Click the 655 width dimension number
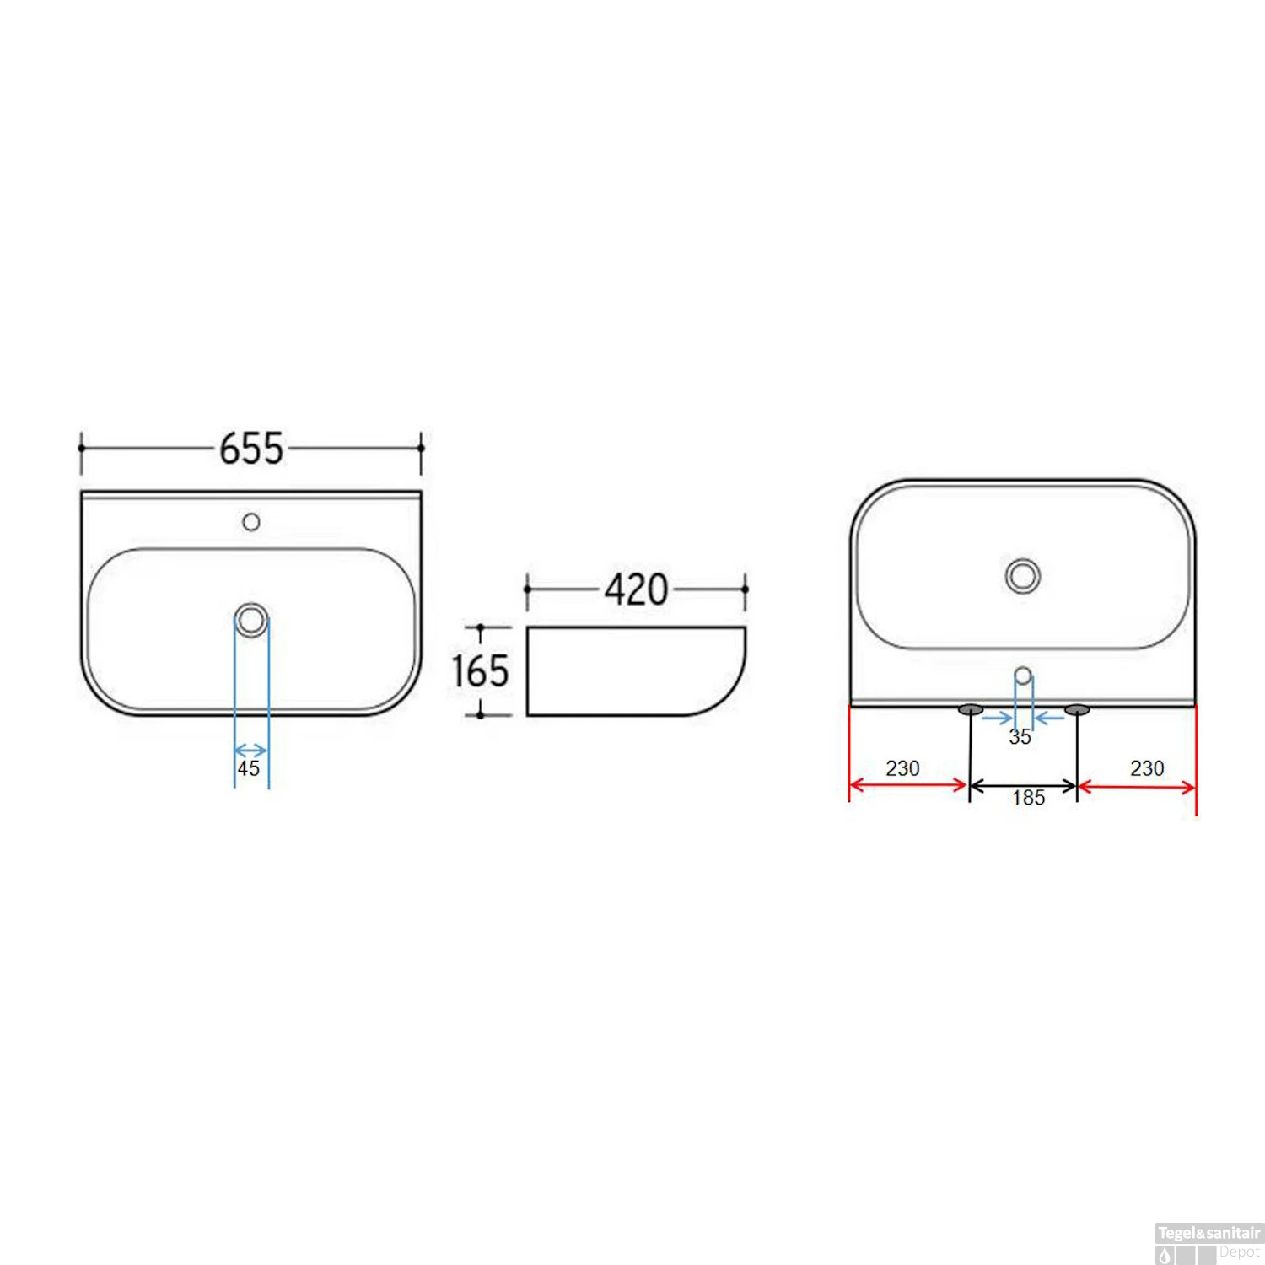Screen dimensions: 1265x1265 click(251, 448)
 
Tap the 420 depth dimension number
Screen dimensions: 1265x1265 click(636, 589)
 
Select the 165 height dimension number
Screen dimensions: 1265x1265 click(480, 671)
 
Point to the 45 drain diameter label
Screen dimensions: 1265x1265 click(248, 768)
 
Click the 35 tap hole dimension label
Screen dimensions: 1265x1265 click(1020, 737)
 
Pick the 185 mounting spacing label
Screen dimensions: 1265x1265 click(1028, 798)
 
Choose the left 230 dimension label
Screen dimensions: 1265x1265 click(902, 768)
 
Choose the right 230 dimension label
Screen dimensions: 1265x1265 click(1147, 768)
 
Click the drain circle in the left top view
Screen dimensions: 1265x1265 click(251, 620)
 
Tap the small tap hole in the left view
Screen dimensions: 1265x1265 click(250, 522)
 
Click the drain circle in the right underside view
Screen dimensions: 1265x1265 click(1023, 575)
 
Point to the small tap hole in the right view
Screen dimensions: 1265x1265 click(1023, 675)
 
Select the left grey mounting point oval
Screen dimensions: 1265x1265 click(971, 710)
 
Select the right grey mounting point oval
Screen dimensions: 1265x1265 click(1077, 710)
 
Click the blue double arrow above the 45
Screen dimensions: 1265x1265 click(250, 751)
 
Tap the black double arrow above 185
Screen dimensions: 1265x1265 click(1023, 786)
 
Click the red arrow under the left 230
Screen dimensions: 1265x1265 click(907, 785)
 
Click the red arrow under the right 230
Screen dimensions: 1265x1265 click(1137, 788)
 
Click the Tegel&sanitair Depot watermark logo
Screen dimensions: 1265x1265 click(1208, 1243)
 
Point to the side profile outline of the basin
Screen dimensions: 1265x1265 click(636, 671)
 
